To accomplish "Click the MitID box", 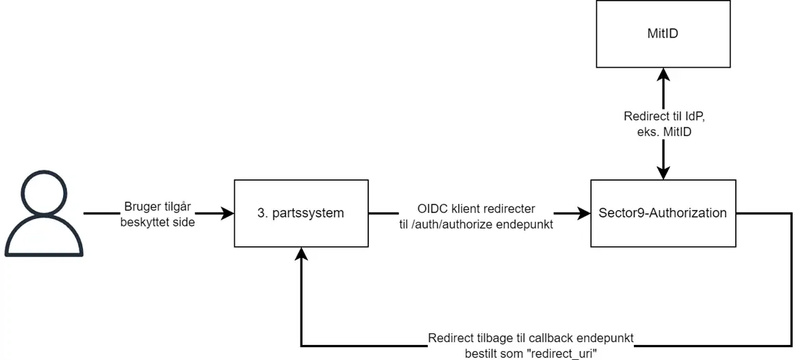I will click(x=662, y=33).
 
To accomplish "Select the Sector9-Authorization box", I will click(x=662, y=213).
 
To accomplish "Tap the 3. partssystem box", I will click(x=301, y=213).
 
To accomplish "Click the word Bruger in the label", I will click(x=141, y=207).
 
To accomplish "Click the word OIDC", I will click(x=431, y=207).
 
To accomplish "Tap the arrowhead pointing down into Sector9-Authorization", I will click(x=662, y=173).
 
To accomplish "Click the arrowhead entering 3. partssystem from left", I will click(x=228, y=214).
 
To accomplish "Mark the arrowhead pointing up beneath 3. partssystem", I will click(x=301, y=254).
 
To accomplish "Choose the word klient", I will click(x=469, y=207).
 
